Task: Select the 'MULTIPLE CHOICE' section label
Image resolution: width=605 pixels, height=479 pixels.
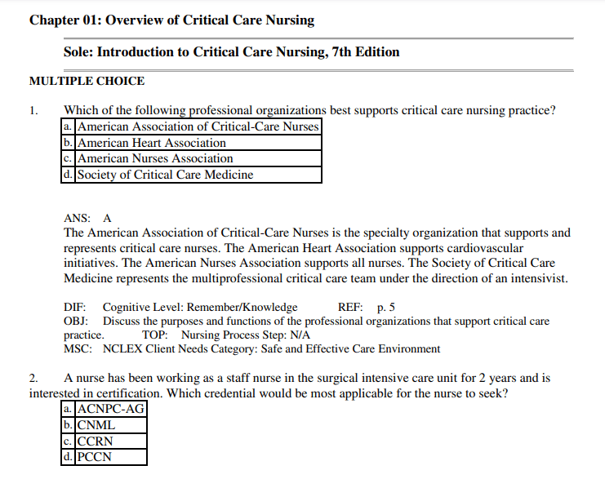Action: pos(87,82)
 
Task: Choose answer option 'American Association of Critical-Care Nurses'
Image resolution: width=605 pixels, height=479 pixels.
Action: pos(197,126)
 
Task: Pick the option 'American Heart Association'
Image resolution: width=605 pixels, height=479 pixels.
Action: pos(151,143)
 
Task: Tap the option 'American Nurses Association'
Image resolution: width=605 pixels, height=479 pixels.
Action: pos(155,158)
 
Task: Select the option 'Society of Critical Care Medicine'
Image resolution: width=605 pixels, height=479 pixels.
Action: pos(165,175)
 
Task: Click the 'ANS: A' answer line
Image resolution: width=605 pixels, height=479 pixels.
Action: pos(87,219)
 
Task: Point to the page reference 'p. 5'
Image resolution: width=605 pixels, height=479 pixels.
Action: pos(386,308)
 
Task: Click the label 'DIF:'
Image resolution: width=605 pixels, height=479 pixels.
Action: pos(75,308)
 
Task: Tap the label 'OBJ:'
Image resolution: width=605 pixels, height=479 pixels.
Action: pos(75,322)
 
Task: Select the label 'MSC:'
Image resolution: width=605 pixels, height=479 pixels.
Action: pos(76,348)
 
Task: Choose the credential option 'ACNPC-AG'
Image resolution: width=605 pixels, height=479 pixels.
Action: pos(110,409)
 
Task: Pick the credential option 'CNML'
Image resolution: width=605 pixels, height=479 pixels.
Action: pos(96,425)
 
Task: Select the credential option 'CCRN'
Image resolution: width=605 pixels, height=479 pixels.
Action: pos(97,441)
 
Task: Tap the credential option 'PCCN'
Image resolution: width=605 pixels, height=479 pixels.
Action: pos(96,457)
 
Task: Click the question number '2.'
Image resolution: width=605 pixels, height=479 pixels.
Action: pos(33,379)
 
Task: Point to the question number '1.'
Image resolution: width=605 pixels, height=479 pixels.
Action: pos(33,110)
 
